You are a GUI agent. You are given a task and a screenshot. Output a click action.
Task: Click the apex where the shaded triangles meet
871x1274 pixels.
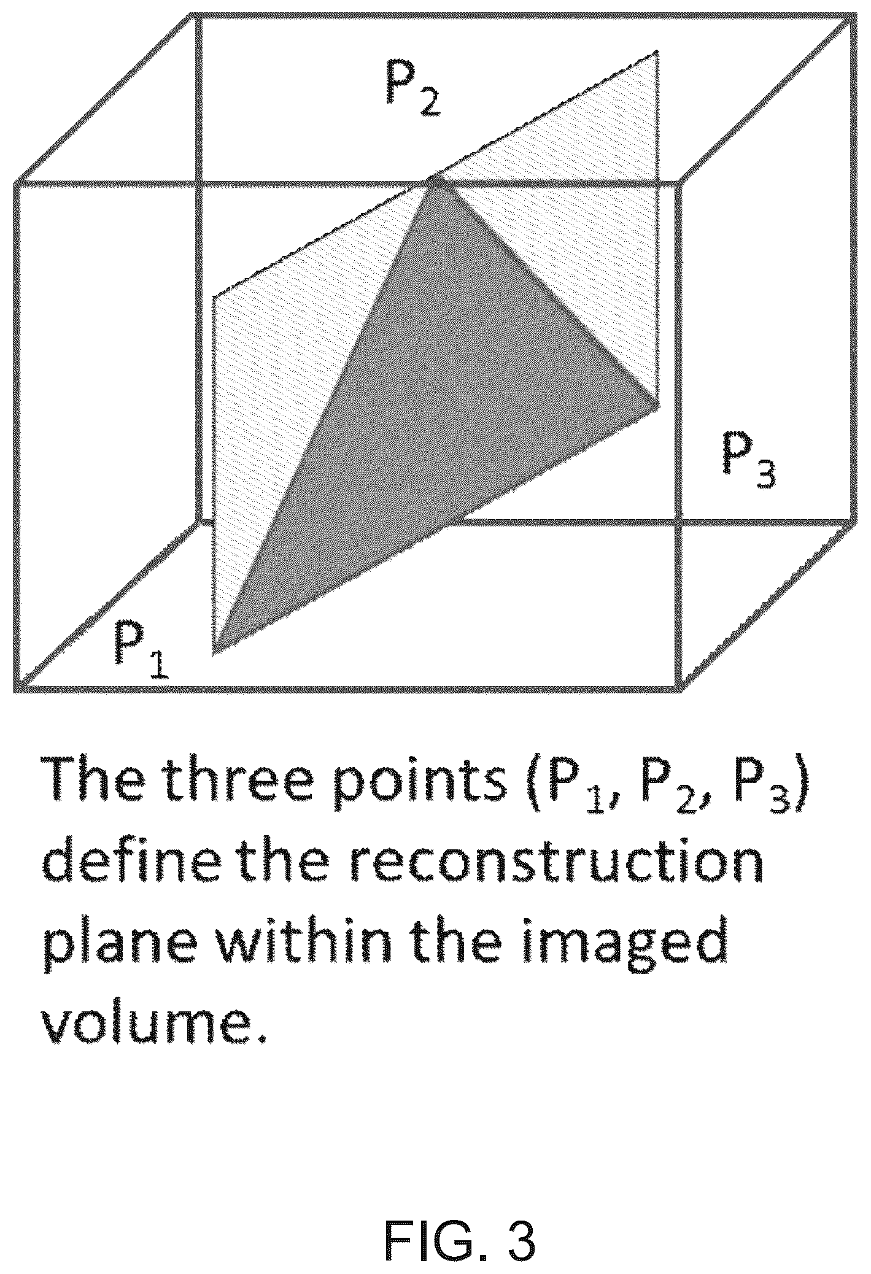[435, 178]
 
